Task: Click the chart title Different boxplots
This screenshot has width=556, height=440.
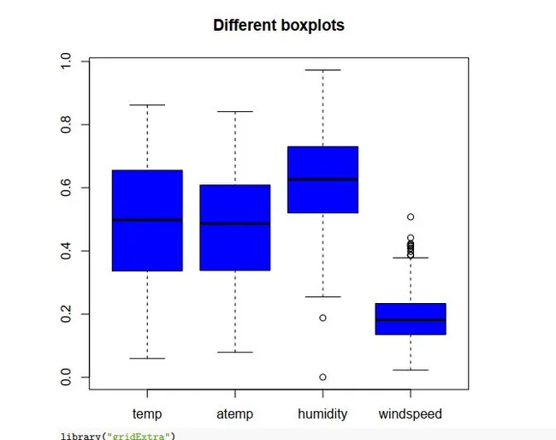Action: click(278, 25)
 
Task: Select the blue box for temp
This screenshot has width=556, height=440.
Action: click(147, 220)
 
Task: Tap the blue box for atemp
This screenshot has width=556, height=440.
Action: click(235, 227)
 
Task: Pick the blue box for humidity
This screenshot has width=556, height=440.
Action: click(322, 179)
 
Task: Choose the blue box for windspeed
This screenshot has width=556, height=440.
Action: click(411, 318)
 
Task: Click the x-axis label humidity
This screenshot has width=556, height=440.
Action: click(322, 414)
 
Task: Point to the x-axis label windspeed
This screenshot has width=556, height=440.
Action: click(411, 414)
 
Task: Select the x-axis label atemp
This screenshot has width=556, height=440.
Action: click(235, 414)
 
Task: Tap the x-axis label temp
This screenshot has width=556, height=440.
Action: click(147, 414)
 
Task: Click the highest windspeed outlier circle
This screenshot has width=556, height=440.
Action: click(411, 217)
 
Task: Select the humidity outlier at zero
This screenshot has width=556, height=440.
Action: click(322, 378)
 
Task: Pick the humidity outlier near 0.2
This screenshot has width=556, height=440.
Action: click(322, 318)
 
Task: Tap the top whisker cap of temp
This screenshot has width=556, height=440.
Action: click(147, 105)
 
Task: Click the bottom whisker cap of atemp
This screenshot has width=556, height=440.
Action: click(235, 352)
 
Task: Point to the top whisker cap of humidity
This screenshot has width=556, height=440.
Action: click(322, 70)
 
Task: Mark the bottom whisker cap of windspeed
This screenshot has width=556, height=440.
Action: click(411, 370)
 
